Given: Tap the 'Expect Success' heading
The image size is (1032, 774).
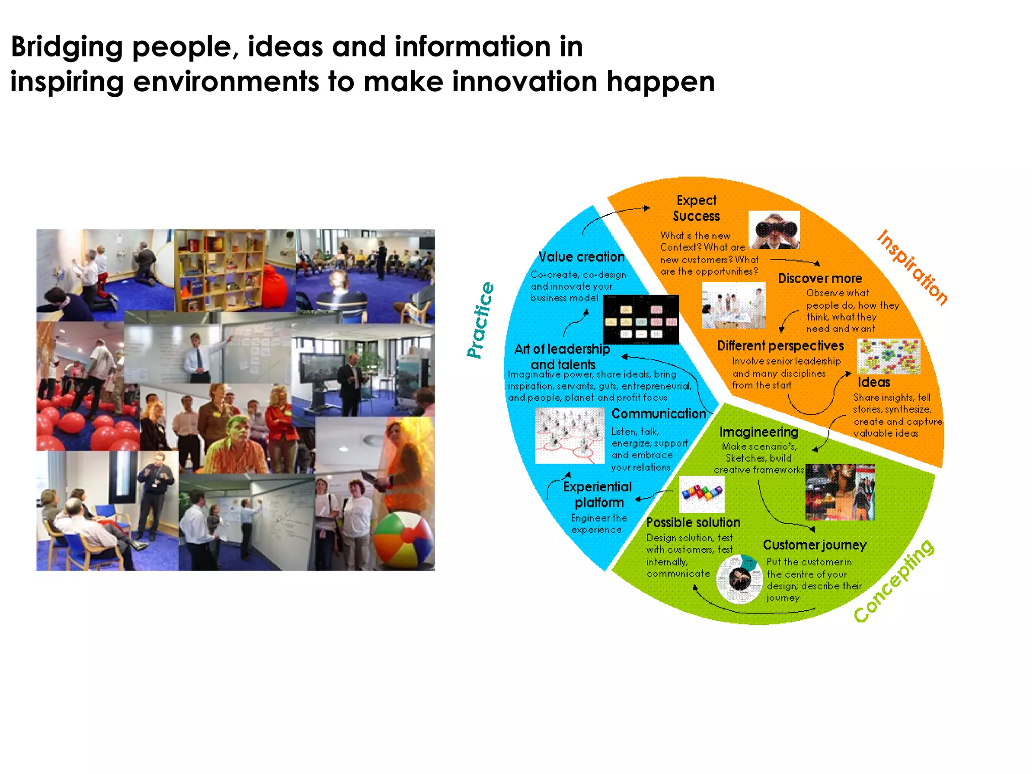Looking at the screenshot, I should point(696,208).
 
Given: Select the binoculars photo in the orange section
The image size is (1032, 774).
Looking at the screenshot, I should point(774,230).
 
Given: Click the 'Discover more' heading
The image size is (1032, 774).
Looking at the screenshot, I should point(820,279).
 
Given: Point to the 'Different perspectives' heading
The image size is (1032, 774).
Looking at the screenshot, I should point(780,346).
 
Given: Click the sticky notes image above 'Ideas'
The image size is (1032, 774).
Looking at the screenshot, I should point(889,356).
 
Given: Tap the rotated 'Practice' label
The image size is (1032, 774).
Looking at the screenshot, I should point(480,320).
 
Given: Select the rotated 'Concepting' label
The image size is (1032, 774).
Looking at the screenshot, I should point(894,581).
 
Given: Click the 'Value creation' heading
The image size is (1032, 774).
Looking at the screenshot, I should point(582,257).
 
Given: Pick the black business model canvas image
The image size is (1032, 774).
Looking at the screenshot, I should point(641,319).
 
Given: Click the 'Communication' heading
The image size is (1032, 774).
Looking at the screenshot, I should point(659,414).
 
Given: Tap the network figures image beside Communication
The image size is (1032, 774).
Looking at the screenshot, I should point(569,436).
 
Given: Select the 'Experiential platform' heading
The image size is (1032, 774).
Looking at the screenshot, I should point(598,494).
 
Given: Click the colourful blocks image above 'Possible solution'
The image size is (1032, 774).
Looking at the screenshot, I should point(702,493).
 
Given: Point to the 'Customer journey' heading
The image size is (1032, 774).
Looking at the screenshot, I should point(814,545).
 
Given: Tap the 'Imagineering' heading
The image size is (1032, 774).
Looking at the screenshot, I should point(758,432).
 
